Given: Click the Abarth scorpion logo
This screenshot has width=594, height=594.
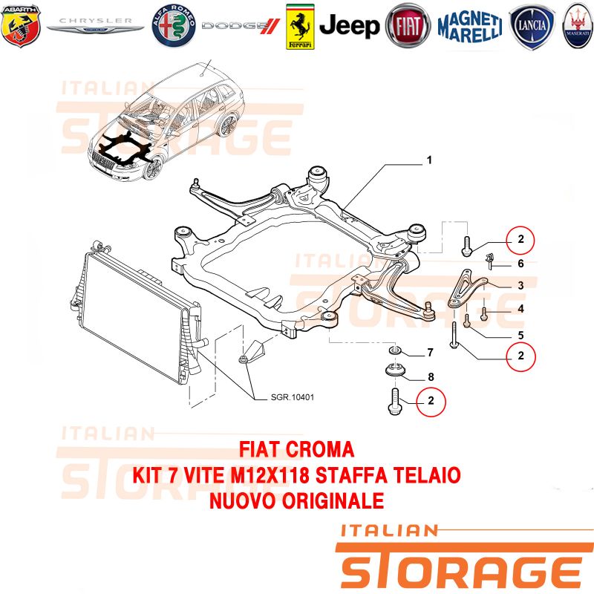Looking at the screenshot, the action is coord(21,26).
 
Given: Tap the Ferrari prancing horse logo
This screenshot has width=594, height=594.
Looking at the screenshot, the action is coord(300,27).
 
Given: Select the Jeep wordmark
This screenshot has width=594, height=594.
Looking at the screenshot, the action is coord(349,26).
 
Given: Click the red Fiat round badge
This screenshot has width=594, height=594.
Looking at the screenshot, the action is coord(408,26).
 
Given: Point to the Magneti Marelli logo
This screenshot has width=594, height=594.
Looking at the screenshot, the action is coord(470,27).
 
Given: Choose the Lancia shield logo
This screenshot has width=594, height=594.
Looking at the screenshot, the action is coord(532,26).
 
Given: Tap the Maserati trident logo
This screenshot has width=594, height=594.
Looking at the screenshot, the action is coord(578,26).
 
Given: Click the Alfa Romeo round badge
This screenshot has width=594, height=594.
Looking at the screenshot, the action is coord(174,26).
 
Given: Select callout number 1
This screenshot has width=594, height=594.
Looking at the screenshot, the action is coord(429,160).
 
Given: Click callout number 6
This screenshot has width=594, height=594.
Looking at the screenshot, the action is coord(521,264).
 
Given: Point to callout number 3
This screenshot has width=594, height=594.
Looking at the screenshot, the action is coord(521,285).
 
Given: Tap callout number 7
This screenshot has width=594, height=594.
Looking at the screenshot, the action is coord(431,353).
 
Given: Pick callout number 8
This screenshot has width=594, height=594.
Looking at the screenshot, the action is coord(431,377).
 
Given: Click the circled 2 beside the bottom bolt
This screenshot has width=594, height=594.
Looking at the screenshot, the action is coord(431,402).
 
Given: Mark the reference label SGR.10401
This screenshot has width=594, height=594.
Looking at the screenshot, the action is coord(293,397).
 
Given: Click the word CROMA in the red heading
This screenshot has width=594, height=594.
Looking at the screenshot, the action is coord(320,450).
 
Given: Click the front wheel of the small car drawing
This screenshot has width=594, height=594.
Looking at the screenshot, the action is coord(154,169).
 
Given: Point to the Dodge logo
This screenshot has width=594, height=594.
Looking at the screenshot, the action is coord(241,26).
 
